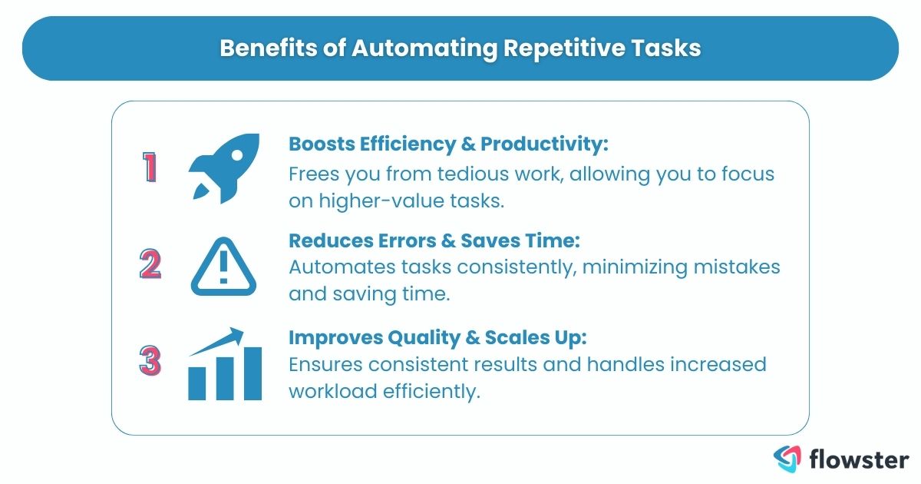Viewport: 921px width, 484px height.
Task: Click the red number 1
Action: (150, 168)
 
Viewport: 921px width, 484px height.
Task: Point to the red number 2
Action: (150, 265)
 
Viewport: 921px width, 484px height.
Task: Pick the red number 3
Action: (150, 361)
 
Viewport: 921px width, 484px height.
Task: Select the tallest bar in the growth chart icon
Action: (252, 373)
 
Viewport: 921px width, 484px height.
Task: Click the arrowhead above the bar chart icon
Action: (236, 334)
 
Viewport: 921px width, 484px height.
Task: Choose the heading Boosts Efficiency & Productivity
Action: (448, 144)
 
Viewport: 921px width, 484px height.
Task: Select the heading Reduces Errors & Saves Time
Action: (434, 240)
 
